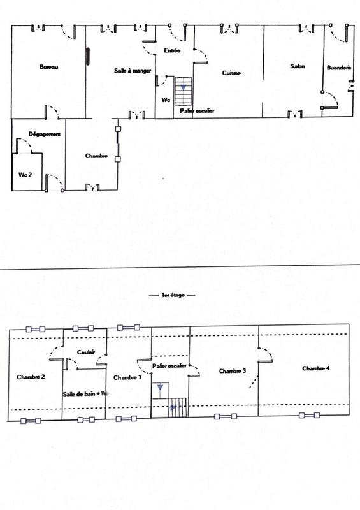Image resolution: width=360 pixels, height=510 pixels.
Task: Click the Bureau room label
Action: click(49, 68)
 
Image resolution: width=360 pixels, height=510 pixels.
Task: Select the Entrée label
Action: click(172, 50)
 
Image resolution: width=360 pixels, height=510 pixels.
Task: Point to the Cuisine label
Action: click(231, 73)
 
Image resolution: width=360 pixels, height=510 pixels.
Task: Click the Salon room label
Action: click(296, 66)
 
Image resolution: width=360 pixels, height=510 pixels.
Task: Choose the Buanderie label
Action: click(338, 67)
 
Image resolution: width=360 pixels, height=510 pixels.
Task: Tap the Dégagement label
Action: click(45, 135)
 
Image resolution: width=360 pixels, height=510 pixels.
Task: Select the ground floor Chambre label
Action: click(96, 156)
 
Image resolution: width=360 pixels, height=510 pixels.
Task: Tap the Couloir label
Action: click(86, 352)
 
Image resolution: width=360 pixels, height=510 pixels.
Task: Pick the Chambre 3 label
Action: click(231, 370)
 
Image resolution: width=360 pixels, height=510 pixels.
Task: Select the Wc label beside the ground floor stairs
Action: click(165, 100)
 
